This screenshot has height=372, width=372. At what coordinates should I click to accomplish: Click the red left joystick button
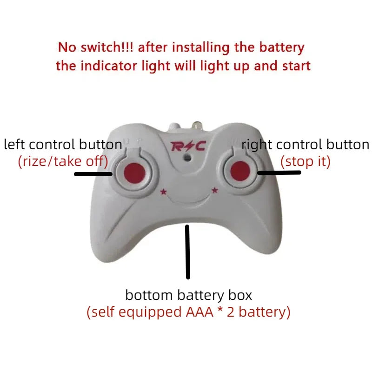pyautogui.click(x=133, y=171)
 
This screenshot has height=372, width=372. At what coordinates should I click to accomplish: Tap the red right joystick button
pyautogui.click(x=241, y=171)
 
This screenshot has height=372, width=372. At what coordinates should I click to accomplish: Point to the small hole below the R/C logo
pyautogui.click(x=187, y=158)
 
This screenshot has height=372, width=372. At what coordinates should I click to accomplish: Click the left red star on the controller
pyautogui.click(x=163, y=191)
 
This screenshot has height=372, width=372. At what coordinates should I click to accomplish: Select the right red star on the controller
pyautogui.click(x=215, y=189)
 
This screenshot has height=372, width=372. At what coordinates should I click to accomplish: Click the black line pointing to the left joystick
pyautogui.click(x=93, y=175)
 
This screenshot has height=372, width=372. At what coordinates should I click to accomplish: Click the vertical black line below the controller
pyautogui.click(x=188, y=252)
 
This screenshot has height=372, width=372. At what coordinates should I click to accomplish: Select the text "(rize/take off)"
pyautogui.click(x=63, y=161)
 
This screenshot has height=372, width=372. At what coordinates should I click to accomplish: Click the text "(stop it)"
pyautogui.click(x=306, y=161)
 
